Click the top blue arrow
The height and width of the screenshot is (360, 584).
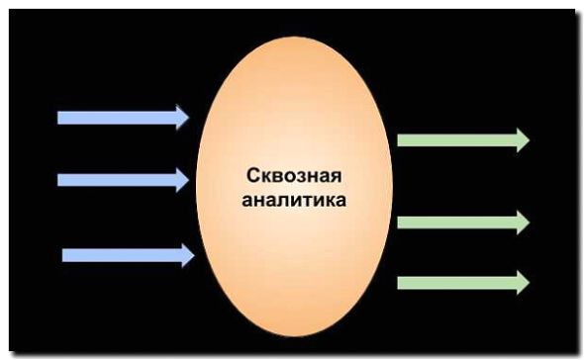[x=121, y=117]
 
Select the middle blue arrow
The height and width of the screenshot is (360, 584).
[x=121, y=179]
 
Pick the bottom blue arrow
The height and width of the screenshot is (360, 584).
[x=126, y=255]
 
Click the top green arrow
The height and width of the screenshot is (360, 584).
[x=461, y=139]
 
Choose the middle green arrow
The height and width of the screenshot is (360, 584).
[x=461, y=222]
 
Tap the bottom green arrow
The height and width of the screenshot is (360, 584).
[x=461, y=283]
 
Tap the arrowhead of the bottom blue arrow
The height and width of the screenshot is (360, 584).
[x=187, y=255]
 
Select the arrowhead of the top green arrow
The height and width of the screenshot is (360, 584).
[x=522, y=139]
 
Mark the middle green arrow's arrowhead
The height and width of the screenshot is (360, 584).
[x=522, y=222]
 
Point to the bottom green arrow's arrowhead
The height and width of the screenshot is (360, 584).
[x=522, y=283]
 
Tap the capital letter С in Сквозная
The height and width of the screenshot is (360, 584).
[x=251, y=177]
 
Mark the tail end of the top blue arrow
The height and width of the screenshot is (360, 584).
[x=61, y=117]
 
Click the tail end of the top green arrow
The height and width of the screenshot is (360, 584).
[x=401, y=139]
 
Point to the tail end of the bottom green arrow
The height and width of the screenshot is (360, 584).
[x=401, y=283]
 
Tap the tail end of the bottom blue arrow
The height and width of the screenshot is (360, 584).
[x=66, y=255]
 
